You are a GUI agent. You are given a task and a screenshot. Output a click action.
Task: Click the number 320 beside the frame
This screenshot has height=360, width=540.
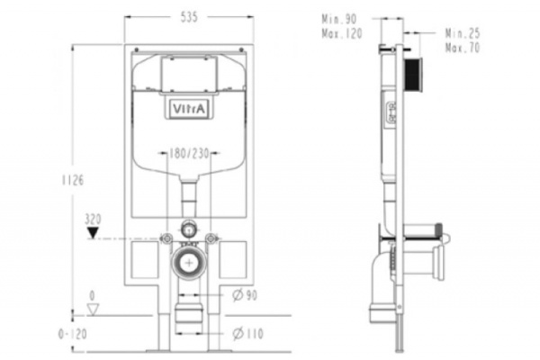coord(93,218)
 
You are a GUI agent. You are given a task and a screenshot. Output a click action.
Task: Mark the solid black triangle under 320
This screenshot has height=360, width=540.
coord(93,232)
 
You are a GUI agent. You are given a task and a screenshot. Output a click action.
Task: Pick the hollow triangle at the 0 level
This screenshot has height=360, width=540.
coord(93,310)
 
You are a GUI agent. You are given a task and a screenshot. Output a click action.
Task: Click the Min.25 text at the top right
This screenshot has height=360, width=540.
coord(463,33)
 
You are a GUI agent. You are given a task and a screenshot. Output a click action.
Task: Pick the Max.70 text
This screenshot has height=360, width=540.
coord(463,47)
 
